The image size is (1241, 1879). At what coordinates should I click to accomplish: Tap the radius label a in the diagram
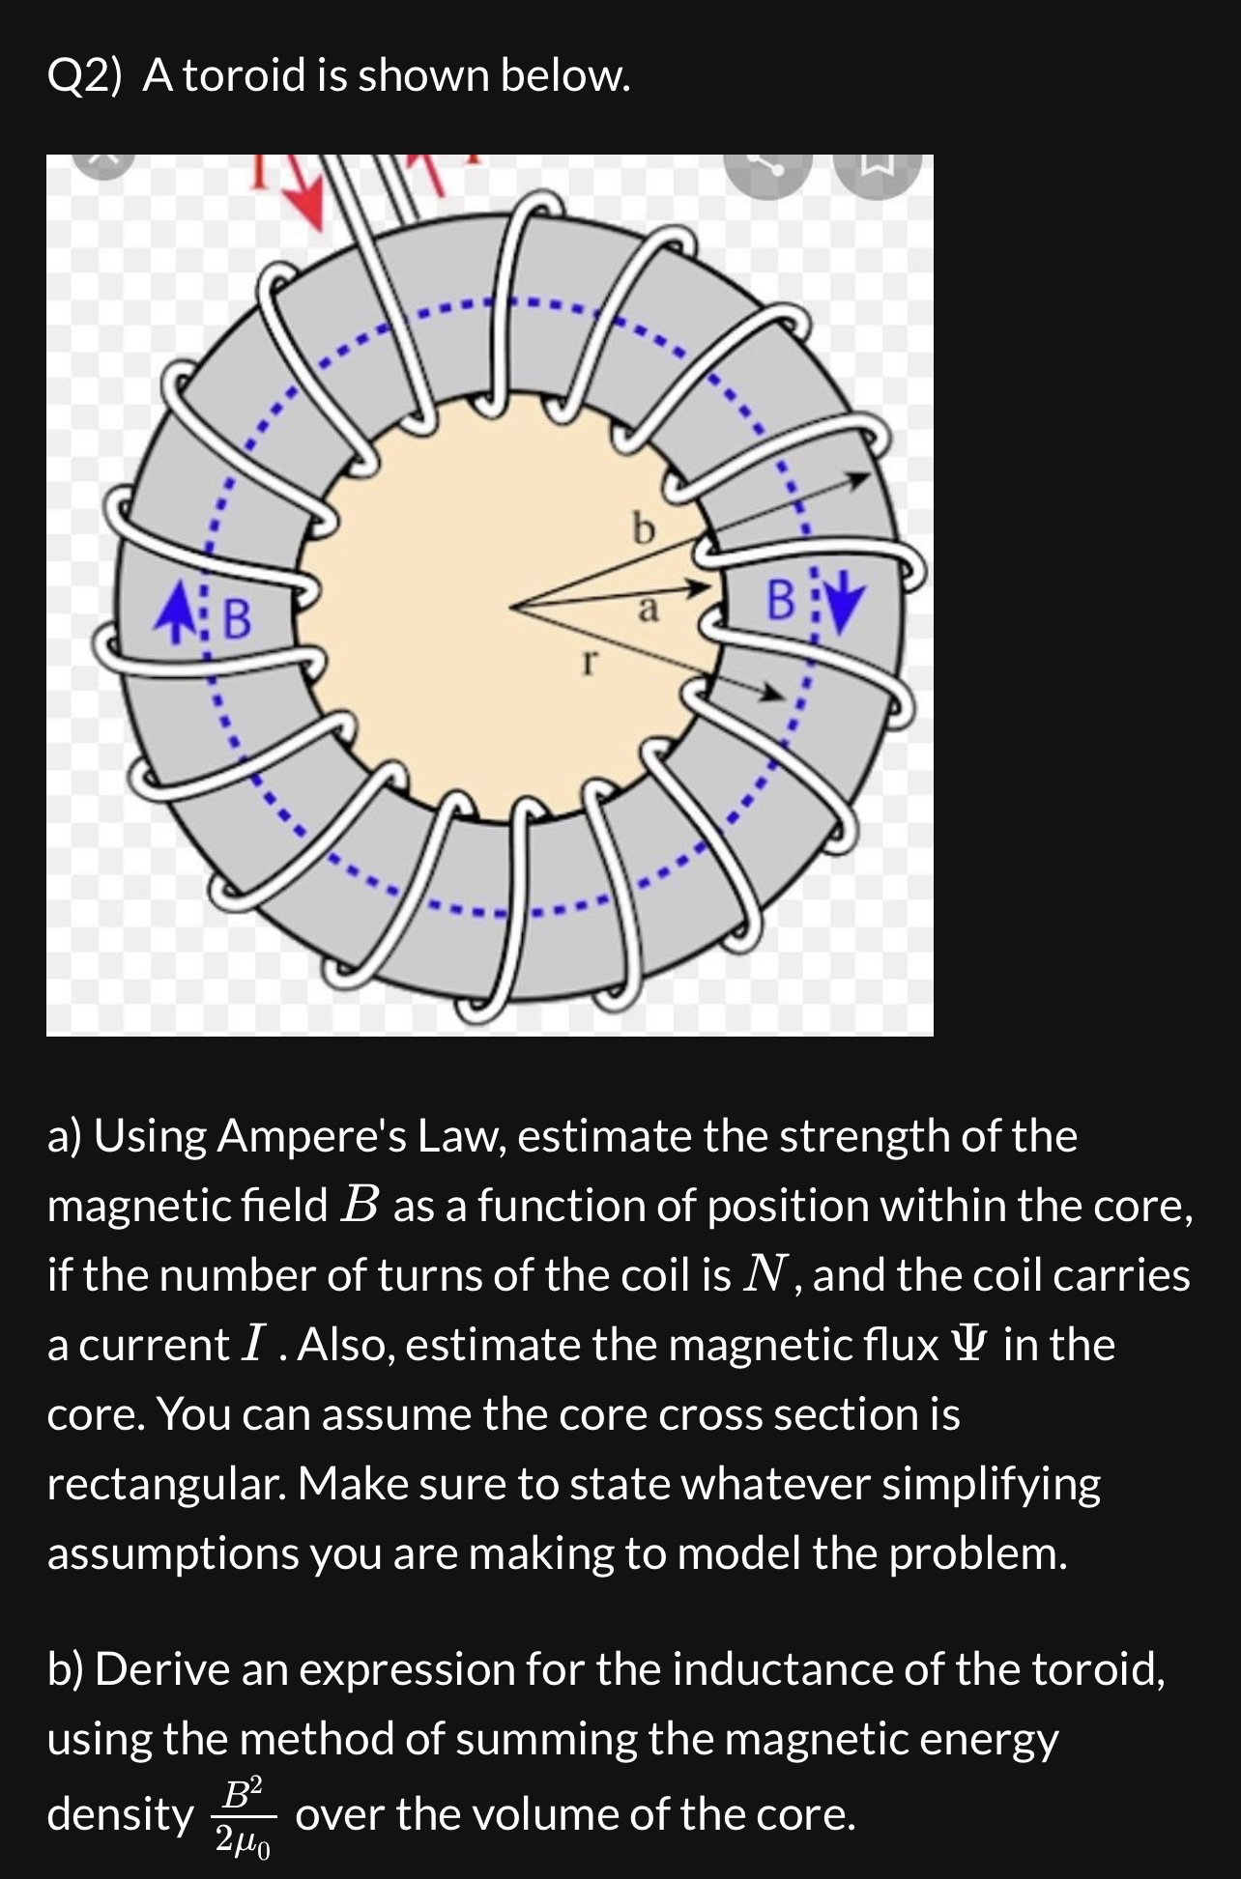649,610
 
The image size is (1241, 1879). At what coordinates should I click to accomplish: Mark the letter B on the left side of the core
237,618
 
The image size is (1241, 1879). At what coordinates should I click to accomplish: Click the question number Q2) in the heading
85,75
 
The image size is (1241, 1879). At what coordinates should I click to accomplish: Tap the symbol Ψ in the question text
970,1345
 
